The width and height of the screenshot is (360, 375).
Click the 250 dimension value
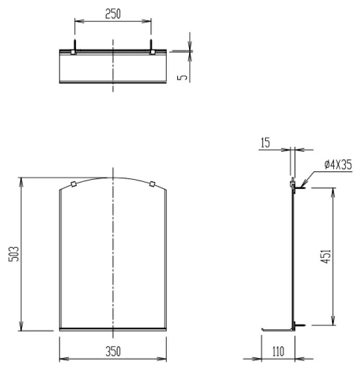click(x=113, y=14)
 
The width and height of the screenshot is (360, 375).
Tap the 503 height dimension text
click(x=14, y=254)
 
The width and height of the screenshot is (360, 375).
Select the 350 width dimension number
click(x=113, y=352)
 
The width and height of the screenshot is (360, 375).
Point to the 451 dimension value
click(x=326, y=257)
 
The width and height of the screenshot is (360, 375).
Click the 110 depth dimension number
click(x=278, y=352)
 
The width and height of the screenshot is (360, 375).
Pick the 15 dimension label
click(x=265, y=143)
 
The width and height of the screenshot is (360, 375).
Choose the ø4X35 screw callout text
click(x=338, y=165)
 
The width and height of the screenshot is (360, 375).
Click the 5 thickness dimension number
click(x=183, y=77)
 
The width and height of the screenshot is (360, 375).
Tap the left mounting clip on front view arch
click(x=73, y=184)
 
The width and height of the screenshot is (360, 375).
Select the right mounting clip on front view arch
click(x=152, y=184)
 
